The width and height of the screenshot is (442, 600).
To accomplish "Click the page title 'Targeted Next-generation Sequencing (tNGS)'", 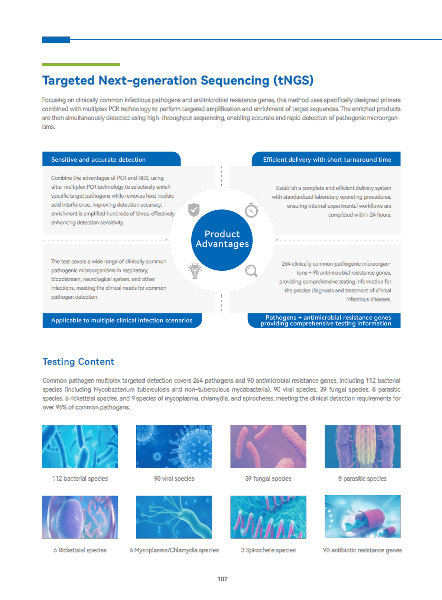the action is [178, 80].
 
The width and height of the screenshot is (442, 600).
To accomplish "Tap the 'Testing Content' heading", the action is [78, 361].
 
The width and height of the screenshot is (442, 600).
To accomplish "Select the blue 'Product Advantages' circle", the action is [222, 240].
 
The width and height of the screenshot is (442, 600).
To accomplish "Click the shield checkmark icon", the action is [194, 210].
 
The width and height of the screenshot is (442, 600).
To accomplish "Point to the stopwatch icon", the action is [251, 210].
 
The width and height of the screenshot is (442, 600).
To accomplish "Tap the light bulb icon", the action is [195, 271].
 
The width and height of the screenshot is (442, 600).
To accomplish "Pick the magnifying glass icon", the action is [251, 271].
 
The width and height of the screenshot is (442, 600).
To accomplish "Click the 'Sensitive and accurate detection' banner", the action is [111, 159].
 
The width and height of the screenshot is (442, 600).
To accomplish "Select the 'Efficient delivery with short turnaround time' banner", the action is [326, 159].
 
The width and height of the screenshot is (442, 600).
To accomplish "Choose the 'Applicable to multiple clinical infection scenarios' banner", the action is [122, 320].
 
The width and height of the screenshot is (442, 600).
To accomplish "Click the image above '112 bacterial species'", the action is [80, 447].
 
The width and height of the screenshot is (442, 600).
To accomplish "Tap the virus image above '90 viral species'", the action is [174, 447].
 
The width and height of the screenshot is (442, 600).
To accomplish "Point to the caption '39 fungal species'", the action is [268, 479].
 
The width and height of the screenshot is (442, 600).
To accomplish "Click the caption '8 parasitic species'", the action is [362, 479].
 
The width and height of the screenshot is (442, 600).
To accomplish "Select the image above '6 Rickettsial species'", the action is [80, 517].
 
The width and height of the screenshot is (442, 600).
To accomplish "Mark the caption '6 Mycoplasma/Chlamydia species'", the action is [174, 550].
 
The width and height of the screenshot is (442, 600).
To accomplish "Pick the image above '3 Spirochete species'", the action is [268, 517].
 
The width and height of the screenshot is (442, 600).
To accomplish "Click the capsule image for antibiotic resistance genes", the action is [363, 516].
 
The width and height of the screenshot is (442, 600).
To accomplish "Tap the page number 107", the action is [222, 579].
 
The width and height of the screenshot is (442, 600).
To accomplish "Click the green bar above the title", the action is [81, 65].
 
